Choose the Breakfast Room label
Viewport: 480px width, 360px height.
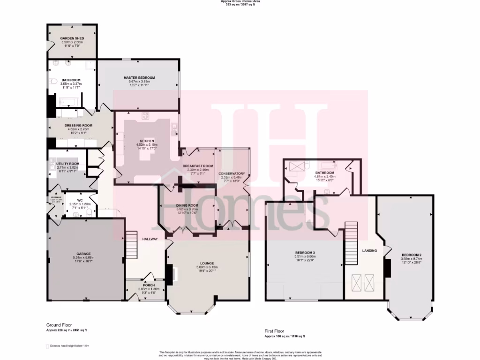pyautogui.click(x=198, y=166)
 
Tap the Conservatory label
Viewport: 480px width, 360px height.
pyautogui.click(x=232, y=173)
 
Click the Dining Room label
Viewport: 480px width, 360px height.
pyautogui.click(x=187, y=205)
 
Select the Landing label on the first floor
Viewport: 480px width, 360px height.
pyautogui.click(x=369, y=251)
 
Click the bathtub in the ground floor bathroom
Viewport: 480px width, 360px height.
pyautogui.click(x=69, y=101)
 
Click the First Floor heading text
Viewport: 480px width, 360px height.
pyautogui.click(x=275, y=331)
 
